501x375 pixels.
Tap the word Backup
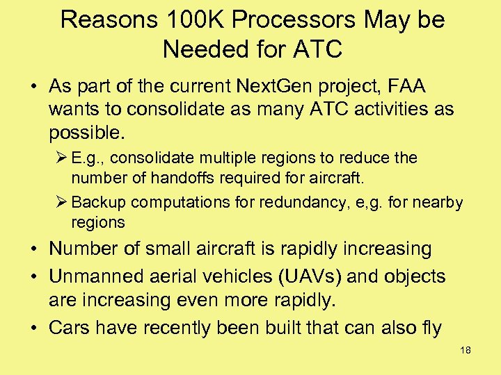pos(98,202)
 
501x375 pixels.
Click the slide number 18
pos(466,350)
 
